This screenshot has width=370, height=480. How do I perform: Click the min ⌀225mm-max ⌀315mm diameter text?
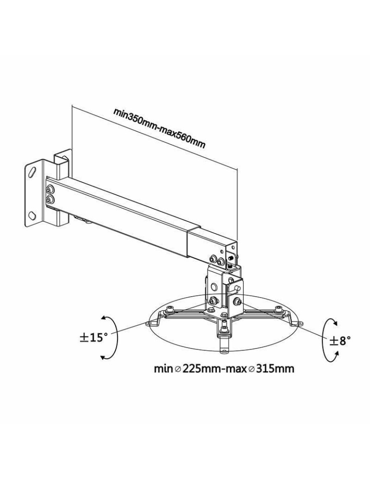[x=224, y=369]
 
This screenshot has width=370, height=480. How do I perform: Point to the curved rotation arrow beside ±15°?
[x=107, y=337]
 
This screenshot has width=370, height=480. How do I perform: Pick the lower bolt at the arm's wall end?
[x=49, y=198]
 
